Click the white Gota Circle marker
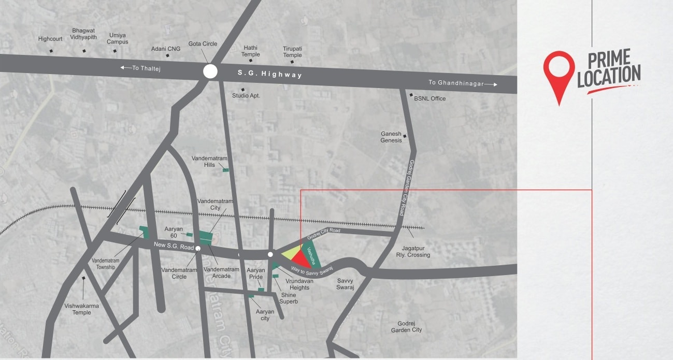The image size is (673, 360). [x=210, y=71]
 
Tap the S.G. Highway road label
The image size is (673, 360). [x=269, y=74]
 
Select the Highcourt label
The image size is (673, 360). [x=50, y=39]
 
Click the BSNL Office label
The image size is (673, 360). [x=429, y=98]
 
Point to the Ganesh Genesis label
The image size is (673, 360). [x=391, y=137]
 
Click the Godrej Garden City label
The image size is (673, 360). [x=406, y=326]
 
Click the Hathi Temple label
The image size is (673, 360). [x=251, y=51]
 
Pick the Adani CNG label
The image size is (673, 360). [x=166, y=49]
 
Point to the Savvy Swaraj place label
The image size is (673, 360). [x=345, y=284]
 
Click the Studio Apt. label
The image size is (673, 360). [x=246, y=96]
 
